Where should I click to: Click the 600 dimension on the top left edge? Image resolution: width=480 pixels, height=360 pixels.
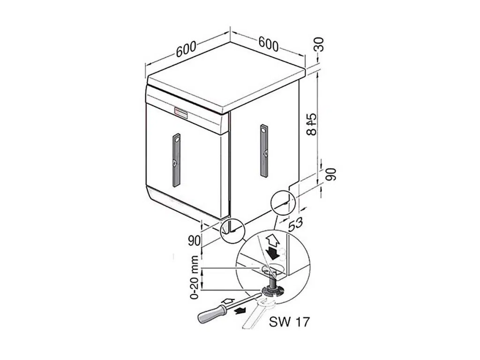(x=186, y=49)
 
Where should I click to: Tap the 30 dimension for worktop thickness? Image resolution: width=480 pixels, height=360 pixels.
(x=319, y=44)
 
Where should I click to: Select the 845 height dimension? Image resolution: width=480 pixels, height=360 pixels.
(x=312, y=124)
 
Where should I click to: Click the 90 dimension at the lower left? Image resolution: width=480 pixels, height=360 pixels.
(x=195, y=240)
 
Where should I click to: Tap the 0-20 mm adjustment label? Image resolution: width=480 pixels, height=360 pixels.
(x=195, y=277)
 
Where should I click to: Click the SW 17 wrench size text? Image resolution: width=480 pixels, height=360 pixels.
(x=289, y=322)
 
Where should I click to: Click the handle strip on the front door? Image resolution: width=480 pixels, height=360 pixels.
(x=176, y=160)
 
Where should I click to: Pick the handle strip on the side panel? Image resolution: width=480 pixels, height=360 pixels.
(x=264, y=150)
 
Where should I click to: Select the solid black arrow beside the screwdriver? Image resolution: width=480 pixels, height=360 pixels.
(x=240, y=311)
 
